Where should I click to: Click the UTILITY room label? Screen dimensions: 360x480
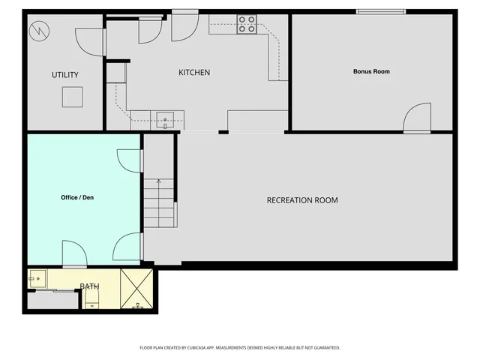click(x=65, y=75)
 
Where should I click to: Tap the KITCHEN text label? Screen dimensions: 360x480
click(x=193, y=73)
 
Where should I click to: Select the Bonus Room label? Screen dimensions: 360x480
click(x=371, y=72)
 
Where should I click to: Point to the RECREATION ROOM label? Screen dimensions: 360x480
click(x=302, y=200)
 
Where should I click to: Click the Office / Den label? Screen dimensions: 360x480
click(x=77, y=198)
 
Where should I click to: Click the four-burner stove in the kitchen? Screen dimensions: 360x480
click(x=247, y=25)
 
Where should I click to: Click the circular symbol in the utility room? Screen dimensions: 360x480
click(x=38, y=31)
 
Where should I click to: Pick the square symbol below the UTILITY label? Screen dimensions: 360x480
click(x=73, y=97)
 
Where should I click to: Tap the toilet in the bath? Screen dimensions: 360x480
click(x=91, y=302)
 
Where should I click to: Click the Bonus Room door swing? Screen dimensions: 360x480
click(x=416, y=118)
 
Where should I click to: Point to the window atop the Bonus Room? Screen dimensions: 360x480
click(x=380, y=11)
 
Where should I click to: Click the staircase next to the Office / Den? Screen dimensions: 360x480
click(x=159, y=204)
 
